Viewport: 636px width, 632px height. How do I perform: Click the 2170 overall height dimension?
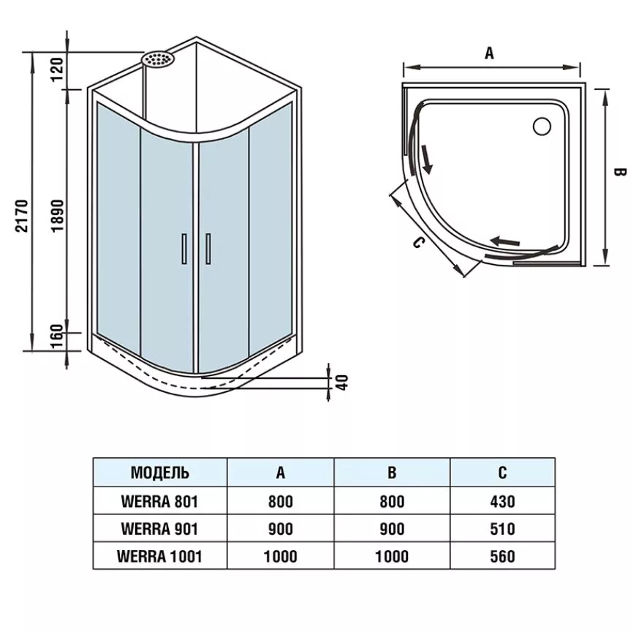coord(22,216)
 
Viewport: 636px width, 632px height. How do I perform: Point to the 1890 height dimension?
coord(58,216)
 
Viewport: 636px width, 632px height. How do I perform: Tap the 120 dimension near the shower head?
coord(57,69)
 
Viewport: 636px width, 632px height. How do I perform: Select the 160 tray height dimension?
coord(57,336)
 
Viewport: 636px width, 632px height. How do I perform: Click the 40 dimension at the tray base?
coord(343,383)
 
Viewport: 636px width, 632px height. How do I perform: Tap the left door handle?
coord(184,249)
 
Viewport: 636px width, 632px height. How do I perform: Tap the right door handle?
coord(208,249)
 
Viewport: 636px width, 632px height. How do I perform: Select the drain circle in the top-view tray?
coord(542,127)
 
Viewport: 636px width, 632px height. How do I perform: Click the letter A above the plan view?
coord(490,53)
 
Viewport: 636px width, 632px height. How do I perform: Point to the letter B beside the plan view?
coord(619,172)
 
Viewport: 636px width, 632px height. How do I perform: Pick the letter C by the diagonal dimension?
coord(418,243)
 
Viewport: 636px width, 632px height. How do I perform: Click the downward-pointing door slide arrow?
coord(426,159)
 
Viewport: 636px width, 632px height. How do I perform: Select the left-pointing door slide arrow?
coord(505,241)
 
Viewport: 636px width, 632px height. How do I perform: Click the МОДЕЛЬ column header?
coord(160,473)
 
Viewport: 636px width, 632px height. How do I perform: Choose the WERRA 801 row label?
coord(160,502)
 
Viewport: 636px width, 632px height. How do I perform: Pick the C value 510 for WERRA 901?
coord(502,529)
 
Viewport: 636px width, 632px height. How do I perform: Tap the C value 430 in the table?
coord(502,502)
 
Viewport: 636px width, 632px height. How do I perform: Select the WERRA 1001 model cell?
coord(159,556)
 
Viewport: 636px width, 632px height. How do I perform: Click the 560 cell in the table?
coord(502,556)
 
